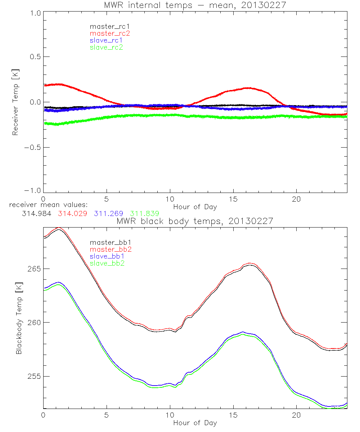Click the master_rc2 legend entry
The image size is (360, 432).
tap(110, 33)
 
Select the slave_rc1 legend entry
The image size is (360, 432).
tap(107, 40)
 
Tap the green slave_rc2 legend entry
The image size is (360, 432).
tap(107, 47)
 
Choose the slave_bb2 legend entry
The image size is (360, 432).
tap(108, 264)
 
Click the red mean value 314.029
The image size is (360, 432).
tap(72, 213)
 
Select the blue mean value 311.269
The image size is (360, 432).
tap(108, 213)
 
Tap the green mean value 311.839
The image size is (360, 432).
tap(145, 213)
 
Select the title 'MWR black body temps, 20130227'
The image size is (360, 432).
tap(195, 221)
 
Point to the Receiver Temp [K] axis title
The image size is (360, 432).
tap(15, 102)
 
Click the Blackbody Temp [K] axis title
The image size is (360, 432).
tap(19, 318)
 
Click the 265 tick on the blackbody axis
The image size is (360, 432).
tap(34, 269)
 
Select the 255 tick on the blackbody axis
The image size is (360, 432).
tap(34, 376)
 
